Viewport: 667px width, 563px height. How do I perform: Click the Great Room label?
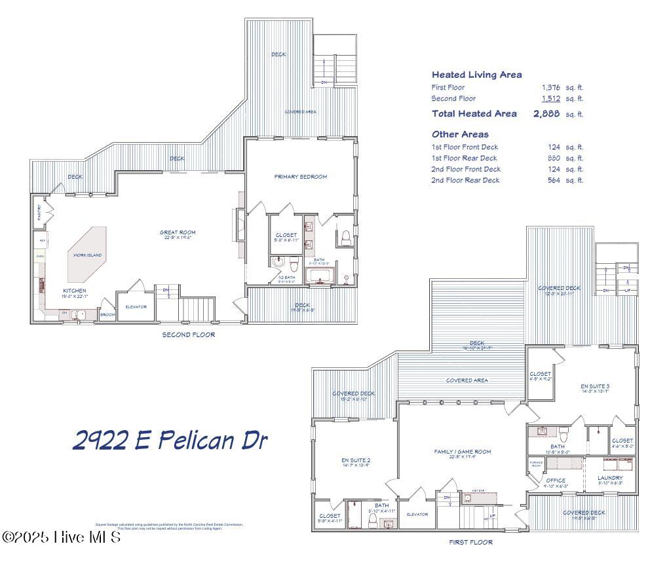coord(178,232)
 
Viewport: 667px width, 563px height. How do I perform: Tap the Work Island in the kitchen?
coord(86,254)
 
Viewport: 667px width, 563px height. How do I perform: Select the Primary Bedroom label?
coord(300,177)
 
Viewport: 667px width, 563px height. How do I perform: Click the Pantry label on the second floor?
coord(39,211)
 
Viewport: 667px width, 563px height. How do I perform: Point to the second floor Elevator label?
coord(136,306)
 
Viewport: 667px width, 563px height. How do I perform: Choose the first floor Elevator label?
coord(417,514)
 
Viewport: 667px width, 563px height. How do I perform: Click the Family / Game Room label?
coord(462,452)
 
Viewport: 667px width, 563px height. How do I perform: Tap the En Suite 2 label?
coord(356,461)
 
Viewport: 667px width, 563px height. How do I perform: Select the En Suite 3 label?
coord(595,387)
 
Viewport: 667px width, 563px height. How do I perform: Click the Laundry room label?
coord(609,478)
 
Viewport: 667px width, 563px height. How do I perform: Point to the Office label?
coord(555,481)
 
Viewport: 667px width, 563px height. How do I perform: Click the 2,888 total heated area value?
coord(546,114)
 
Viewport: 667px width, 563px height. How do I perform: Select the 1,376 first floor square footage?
coord(550,87)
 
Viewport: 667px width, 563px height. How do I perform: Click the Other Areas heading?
coord(460,134)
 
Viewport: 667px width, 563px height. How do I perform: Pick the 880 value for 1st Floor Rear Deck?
coord(554,158)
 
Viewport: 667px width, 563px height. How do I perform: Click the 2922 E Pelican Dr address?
coord(170,440)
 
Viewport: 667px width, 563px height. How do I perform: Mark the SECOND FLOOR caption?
coord(189,335)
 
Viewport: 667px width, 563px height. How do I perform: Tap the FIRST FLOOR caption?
coord(470,542)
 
